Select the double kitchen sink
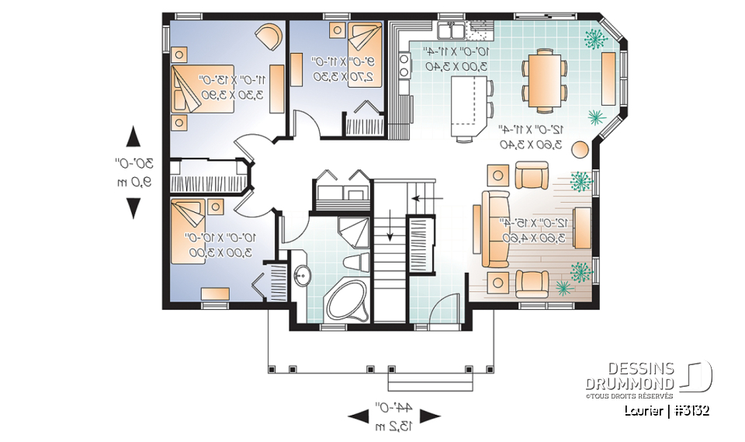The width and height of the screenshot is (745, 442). pos(451,30)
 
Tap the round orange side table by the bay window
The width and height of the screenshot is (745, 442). pos(579,148)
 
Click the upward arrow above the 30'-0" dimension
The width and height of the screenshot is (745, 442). pos(133,137)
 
